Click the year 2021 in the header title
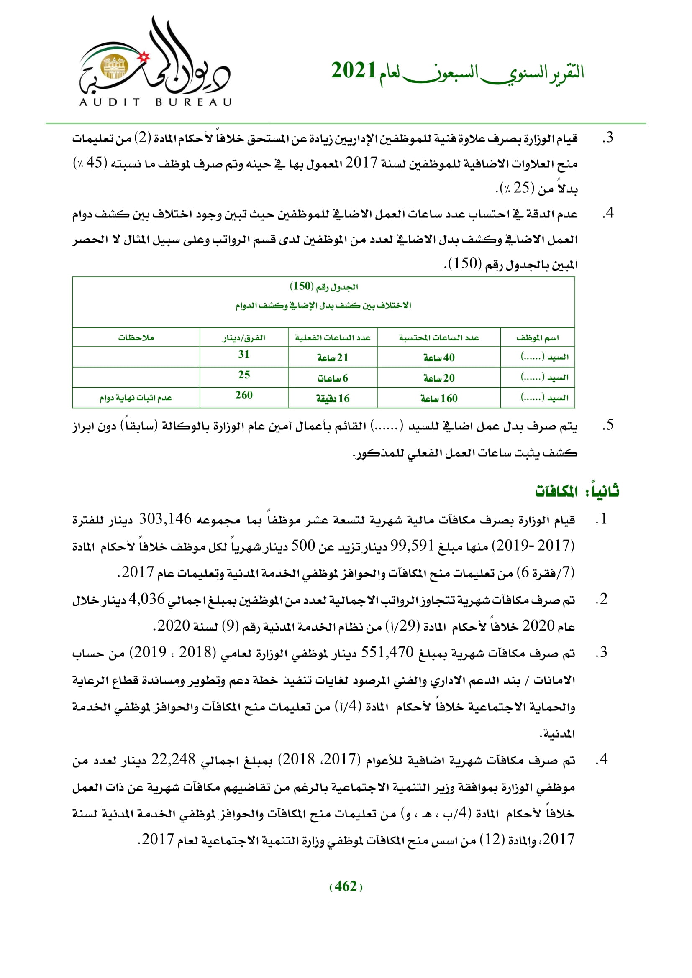click(353, 71)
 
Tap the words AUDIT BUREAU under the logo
click(155, 102)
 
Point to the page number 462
click(346, 886)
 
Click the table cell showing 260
click(244, 395)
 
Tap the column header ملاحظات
click(136, 338)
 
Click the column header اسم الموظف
click(537, 338)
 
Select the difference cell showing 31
click(244, 355)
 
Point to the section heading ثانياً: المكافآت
click(577, 492)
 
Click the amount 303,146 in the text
click(165, 519)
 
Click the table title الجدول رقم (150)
click(323, 287)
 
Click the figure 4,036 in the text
click(146, 599)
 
